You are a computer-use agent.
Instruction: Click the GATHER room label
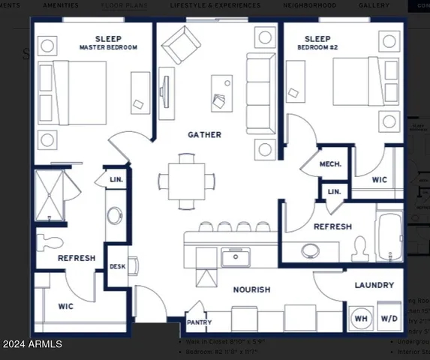204,135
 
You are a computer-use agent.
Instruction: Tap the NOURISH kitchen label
252,289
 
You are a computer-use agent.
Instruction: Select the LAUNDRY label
374,285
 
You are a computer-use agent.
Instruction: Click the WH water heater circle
362,318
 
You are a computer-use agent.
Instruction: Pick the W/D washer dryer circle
389,318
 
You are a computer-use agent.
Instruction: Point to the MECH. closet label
331,164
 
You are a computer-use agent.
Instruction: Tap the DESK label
117,266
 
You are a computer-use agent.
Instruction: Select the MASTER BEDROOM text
108,48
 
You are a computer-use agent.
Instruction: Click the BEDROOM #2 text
317,48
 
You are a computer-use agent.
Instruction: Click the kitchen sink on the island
234,259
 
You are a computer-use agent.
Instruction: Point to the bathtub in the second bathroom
389,233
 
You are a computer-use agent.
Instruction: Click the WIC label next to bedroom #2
380,180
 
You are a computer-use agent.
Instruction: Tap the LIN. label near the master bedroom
116,180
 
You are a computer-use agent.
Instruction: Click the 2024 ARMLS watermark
32,344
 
